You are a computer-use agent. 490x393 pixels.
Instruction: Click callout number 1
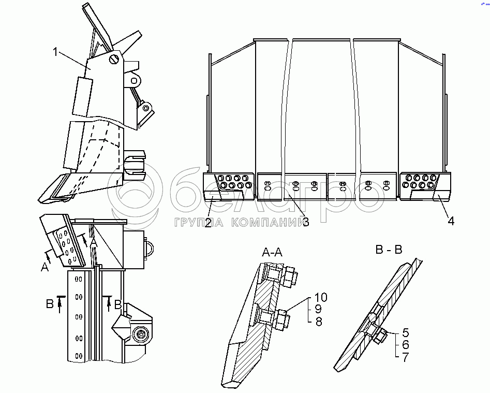pyautogui.click(x=56, y=51)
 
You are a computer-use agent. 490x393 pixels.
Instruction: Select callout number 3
pyautogui.click(x=306, y=222)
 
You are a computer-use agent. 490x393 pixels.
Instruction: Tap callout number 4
pyautogui.click(x=451, y=221)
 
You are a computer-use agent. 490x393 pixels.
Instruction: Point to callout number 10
pyautogui.click(x=321, y=298)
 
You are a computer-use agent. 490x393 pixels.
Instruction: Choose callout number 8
pyautogui.click(x=319, y=322)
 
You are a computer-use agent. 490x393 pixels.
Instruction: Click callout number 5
pyautogui.click(x=405, y=333)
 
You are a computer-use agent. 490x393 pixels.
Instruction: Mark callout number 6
pyautogui.click(x=405, y=344)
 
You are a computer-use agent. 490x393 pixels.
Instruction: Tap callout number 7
pyautogui.click(x=405, y=356)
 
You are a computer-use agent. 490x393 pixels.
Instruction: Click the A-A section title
pyautogui.click(x=272, y=253)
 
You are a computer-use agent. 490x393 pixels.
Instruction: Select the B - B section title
pyautogui.click(x=389, y=250)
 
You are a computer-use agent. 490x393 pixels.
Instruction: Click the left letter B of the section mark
pyautogui.click(x=50, y=303)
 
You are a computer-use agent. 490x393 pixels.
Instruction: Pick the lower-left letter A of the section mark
pyautogui.click(x=45, y=267)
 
